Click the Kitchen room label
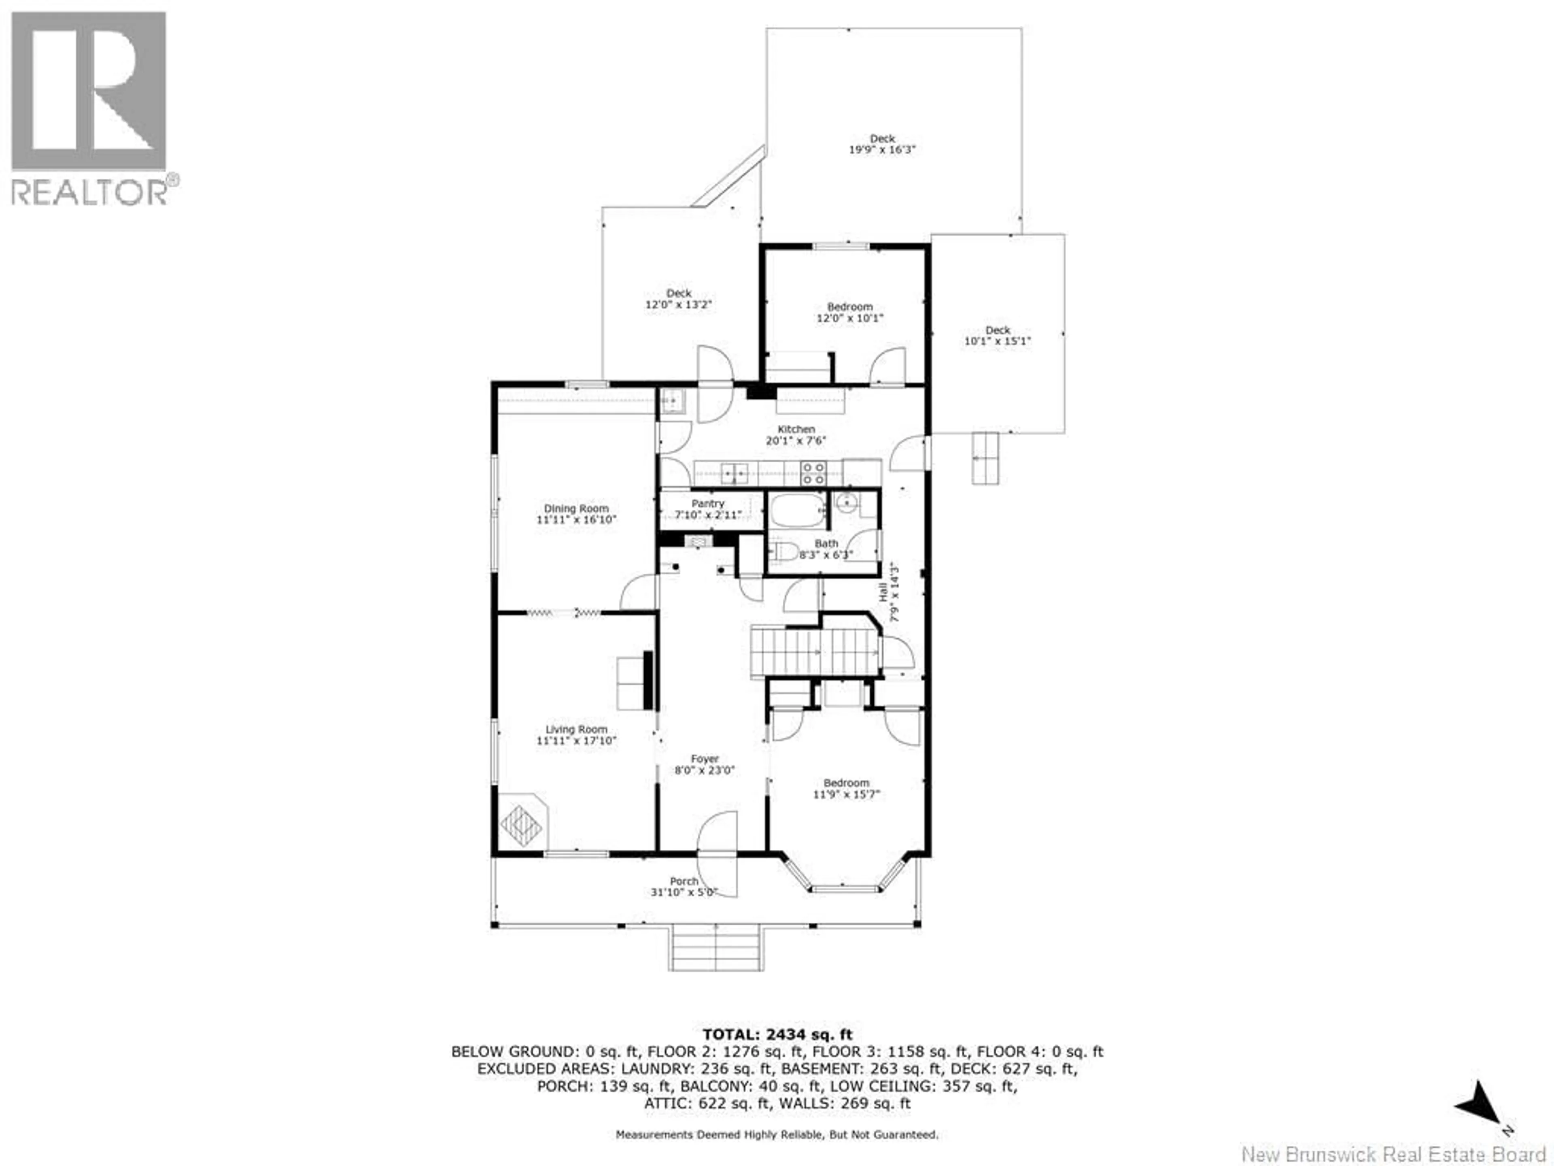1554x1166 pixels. [796, 429]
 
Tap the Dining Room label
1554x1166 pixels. [576, 508]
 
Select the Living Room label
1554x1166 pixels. [576, 730]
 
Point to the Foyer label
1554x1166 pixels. [705, 759]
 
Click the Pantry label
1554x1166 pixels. [707, 503]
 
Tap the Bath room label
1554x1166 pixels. [826, 543]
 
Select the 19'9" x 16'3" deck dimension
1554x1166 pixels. [882, 150]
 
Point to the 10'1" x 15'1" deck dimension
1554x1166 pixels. [998, 341]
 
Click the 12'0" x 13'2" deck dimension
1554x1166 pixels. [679, 304]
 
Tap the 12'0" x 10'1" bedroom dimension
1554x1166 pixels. [849, 318]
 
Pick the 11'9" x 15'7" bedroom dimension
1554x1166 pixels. [847, 794]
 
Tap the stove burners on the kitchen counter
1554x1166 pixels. [813, 472]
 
